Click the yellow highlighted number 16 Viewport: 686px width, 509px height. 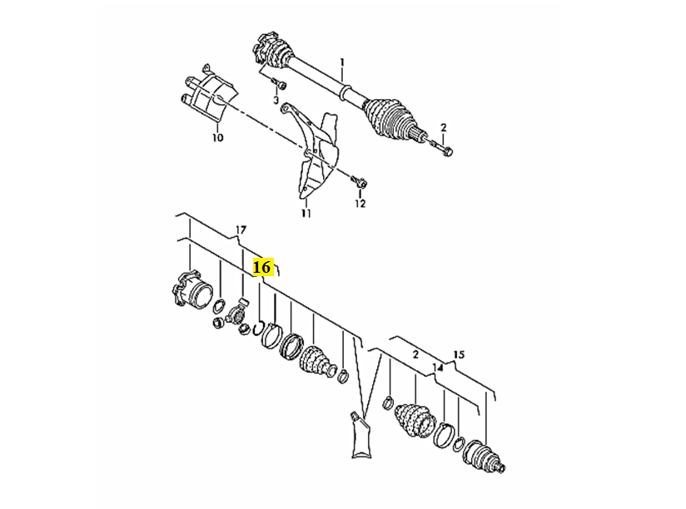point(263,266)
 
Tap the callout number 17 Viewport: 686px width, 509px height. point(241,230)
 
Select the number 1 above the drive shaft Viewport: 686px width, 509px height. point(342,62)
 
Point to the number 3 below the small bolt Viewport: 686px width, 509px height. point(276,100)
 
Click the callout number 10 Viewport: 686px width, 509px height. point(218,137)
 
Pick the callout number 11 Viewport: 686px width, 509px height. point(306,213)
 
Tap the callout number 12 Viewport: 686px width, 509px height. point(360,203)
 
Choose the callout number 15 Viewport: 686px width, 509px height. point(459,354)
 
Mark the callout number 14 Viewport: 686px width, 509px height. point(438,368)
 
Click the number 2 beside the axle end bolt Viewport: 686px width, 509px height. point(444,127)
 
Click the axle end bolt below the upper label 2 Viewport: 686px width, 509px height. point(442,149)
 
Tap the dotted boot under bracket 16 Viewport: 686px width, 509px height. point(317,361)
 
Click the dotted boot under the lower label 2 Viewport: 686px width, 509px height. point(415,419)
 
